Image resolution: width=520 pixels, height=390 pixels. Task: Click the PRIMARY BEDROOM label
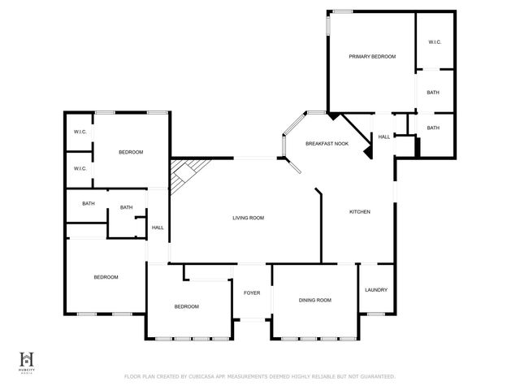[372, 57]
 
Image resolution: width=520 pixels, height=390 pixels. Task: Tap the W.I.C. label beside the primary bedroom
[434, 42]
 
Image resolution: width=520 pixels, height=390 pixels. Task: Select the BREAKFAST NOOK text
[327, 144]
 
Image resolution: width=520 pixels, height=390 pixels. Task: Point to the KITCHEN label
[360, 212]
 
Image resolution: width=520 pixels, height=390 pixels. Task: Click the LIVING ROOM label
[248, 218]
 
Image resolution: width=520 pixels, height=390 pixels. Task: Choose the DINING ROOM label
[314, 301]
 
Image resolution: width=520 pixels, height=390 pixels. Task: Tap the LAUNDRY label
[376, 290]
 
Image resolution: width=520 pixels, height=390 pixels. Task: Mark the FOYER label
[252, 292]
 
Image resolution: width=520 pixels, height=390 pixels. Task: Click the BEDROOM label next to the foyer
[186, 306]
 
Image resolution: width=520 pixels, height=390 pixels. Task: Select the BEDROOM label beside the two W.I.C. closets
[131, 153]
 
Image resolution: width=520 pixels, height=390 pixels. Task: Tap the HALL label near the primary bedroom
[383, 136]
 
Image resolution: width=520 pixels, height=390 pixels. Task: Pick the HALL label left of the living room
[158, 227]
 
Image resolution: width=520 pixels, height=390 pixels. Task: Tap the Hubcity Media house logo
[28, 358]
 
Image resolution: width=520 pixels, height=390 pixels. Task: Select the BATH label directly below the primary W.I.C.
[433, 93]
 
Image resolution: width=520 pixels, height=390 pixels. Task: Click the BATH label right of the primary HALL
[433, 128]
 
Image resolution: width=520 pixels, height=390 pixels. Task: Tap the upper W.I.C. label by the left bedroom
[80, 132]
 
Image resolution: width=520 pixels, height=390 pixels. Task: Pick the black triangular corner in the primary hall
[367, 151]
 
